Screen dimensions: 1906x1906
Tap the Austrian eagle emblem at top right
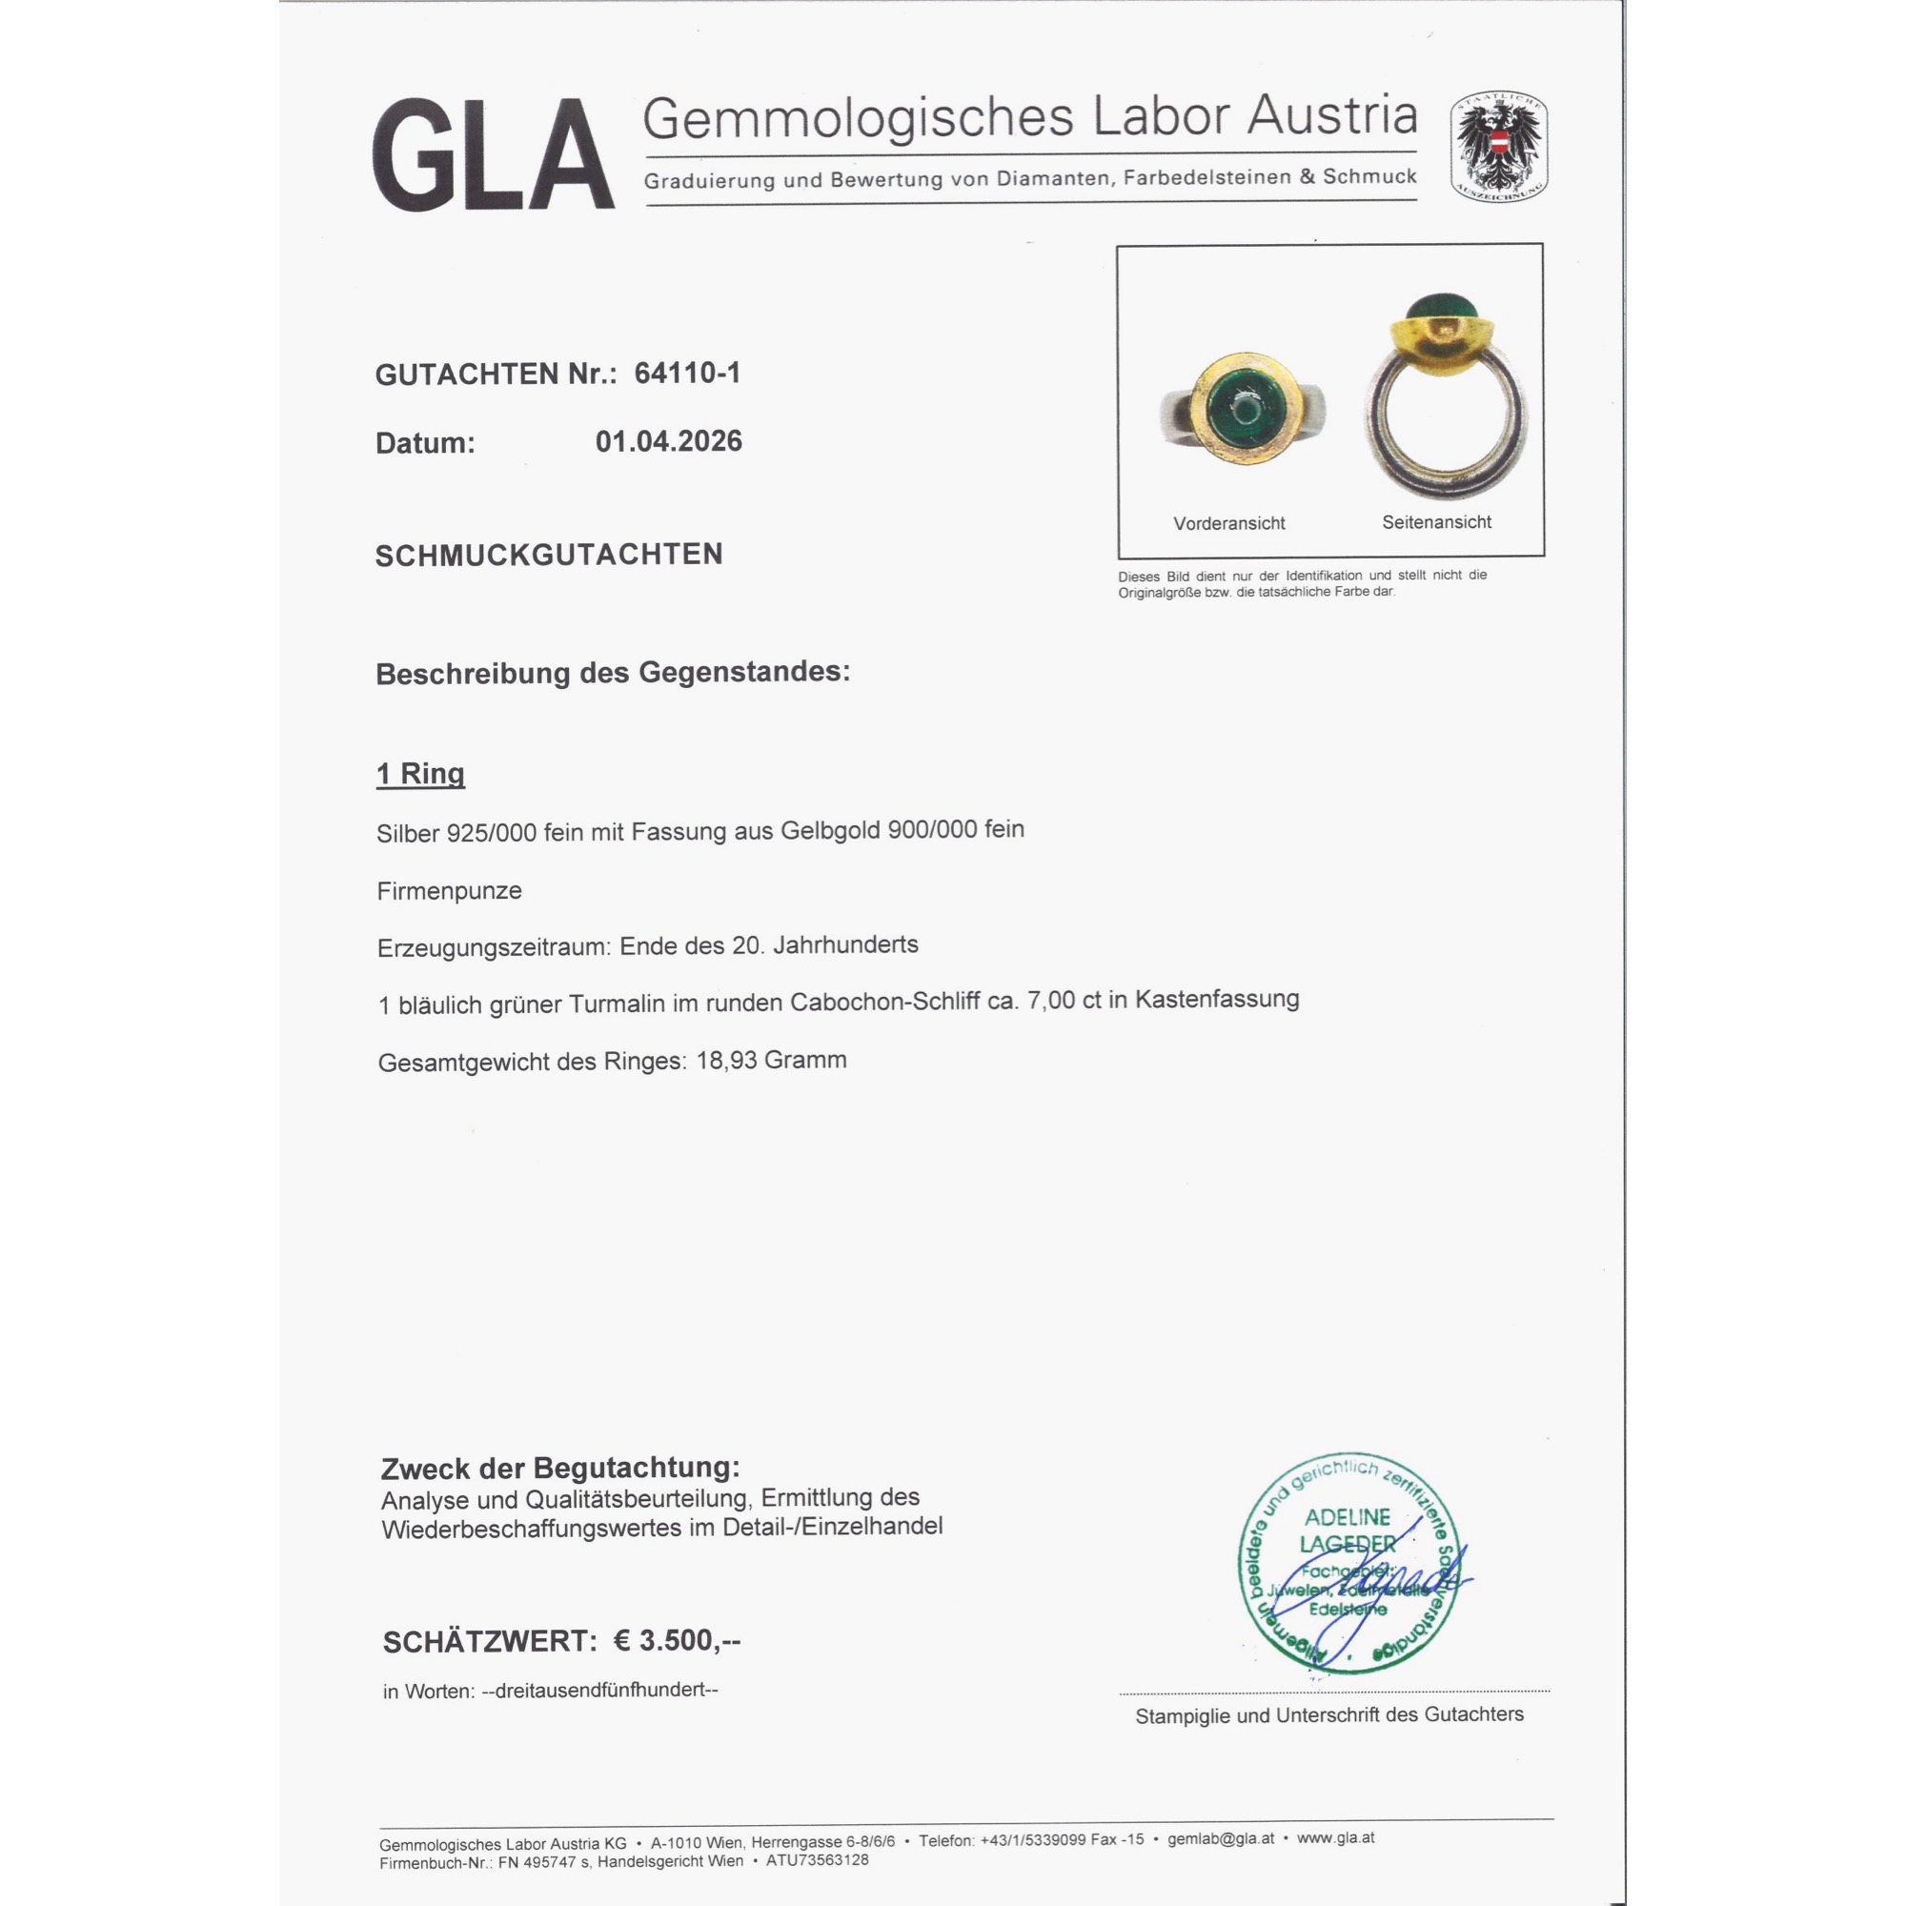pyautogui.click(x=1497, y=147)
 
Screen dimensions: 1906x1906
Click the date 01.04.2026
pyautogui.click(x=668, y=441)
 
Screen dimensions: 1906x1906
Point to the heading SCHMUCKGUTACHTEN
pyautogui.click(x=549, y=555)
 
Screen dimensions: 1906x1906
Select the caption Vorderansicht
pyautogui.click(x=1228, y=523)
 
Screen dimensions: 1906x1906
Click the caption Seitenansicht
pyautogui.click(x=1435, y=522)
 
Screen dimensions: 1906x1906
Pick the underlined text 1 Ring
pyautogui.click(x=420, y=773)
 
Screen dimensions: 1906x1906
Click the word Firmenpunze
pyautogui.click(x=449, y=891)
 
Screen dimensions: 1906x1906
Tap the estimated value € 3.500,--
pyautogui.click(x=677, y=1641)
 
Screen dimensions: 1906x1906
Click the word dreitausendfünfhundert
pyautogui.click(x=599, y=1690)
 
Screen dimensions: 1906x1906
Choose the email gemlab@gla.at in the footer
pyautogui.click(x=1221, y=1839)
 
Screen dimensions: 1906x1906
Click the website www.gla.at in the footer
pyautogui.click(x=1335, y=1838)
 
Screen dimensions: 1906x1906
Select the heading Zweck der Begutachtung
pyautogui.click(x=559, y=1468)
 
